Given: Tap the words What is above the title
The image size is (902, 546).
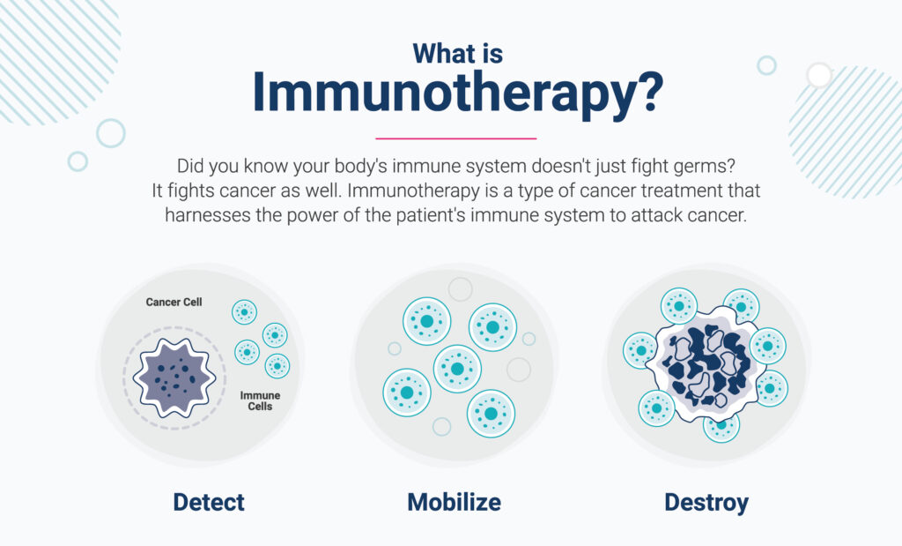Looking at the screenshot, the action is (x=458, y=54).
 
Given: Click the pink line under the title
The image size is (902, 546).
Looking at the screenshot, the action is (x=455, y=138).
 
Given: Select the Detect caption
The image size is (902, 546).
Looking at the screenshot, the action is (x=209, y=502).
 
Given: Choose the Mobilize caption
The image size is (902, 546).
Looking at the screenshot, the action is (x=454, y=502).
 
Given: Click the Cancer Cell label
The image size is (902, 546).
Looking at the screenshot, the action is (x=174, y=302).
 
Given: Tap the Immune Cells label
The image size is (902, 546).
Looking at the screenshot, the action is (x=260, y=400).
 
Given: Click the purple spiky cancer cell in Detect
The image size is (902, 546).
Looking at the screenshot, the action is (x=174, y=378).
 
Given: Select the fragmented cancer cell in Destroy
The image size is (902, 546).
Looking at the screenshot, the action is (x=706, y=366).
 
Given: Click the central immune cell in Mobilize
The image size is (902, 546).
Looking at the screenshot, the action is (x=457, y=369).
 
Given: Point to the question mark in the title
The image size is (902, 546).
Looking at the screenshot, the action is (x=651, y=91).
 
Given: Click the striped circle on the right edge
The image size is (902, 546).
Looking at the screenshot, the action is (x=845, y=132).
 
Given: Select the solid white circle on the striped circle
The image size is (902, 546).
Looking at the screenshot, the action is (x=819, y=75).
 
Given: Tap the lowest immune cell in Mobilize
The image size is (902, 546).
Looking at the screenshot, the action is (x=491, y=414).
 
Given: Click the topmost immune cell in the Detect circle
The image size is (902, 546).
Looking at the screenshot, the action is (x=245, y=312).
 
